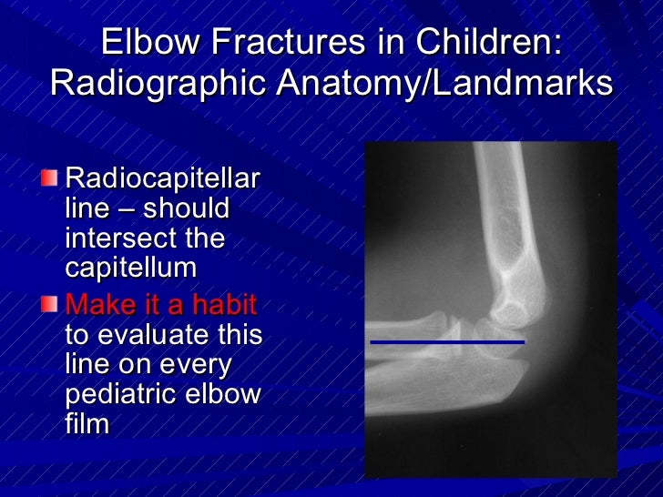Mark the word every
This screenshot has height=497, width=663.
pyautogui.click(x=203, y=365)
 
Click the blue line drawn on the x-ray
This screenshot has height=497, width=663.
pyautogui.click(x=446, y=342)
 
